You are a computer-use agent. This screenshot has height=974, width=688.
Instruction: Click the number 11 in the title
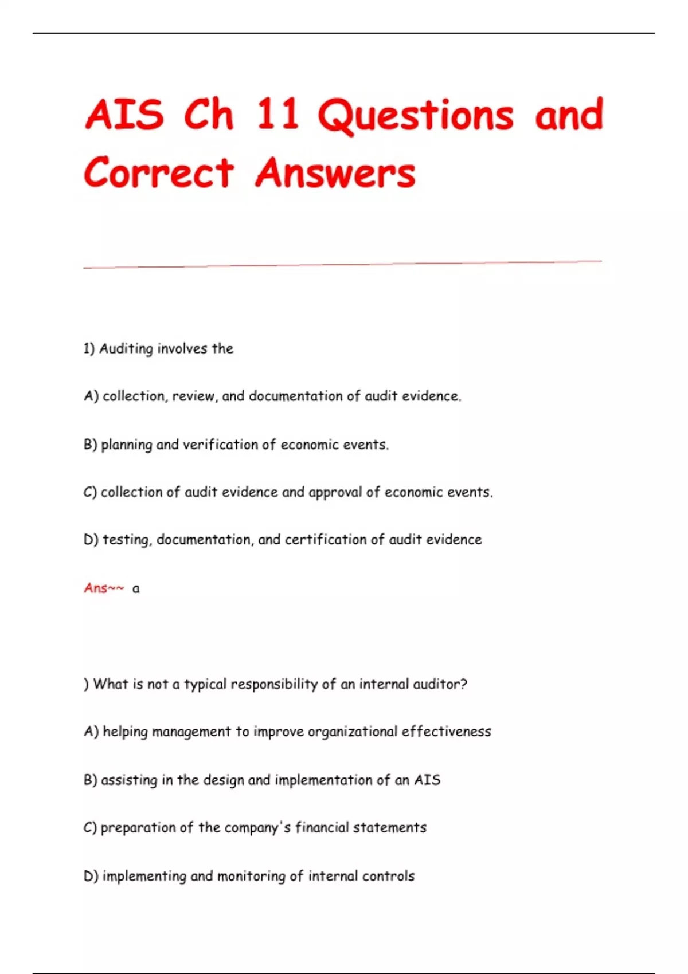click(x=277, y=114)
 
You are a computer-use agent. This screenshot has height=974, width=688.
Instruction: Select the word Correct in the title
click(x=159, y=172)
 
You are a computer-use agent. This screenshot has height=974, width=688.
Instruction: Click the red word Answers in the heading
click(x=335, y=172)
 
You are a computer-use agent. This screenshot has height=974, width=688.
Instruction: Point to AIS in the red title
click(x=124, y=114)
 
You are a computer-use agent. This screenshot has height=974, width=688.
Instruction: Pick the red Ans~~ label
click(x=104, y=588)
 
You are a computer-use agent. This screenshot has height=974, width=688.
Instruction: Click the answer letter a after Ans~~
click(x=136, y=589)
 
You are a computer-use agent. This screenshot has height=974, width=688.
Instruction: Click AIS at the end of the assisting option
click(x=427, y=780)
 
